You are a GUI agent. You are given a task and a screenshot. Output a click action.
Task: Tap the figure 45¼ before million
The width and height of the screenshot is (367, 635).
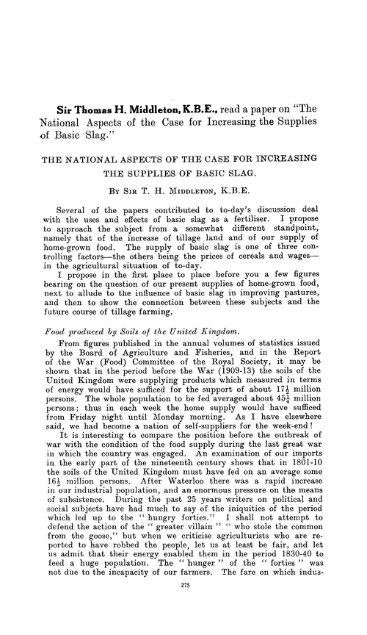click(286, 393)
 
